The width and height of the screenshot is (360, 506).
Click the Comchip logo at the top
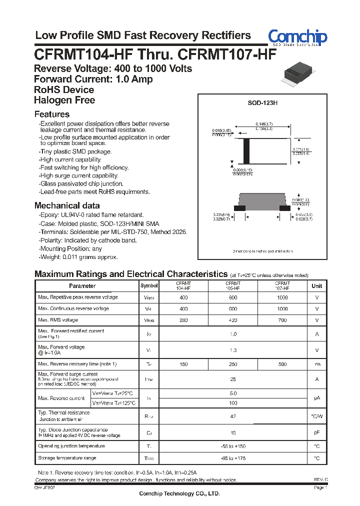click(x=297, y=37)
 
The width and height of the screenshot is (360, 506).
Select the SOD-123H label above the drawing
click(x=262, y=103)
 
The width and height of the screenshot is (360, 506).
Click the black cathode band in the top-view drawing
click(x=245, y=148)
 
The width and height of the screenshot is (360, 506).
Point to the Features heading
click(x=52, y=114)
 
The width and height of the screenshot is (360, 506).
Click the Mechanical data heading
click(x=67, y=205)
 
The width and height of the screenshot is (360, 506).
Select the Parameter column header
click(x=82, y=286)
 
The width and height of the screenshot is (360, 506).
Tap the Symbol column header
click(x=149, y=286)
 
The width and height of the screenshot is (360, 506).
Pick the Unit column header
click(x=317, y=286)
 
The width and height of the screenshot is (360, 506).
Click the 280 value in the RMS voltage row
click(x=183, y=320)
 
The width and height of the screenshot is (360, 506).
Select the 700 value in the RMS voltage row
click(x=282, y=320)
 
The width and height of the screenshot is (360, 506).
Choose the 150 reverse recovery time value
click(x=183, y=364)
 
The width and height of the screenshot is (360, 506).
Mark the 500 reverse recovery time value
click(x=282, y=364)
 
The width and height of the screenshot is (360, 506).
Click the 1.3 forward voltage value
click(x=233, y=350)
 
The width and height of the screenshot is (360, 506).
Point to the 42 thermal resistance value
click(x=233, y=416)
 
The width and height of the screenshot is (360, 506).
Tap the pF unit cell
click(x=317, y=432)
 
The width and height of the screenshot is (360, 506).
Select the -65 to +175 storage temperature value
click(x=233, y=458)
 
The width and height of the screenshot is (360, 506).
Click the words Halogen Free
click(x=64, y=100)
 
